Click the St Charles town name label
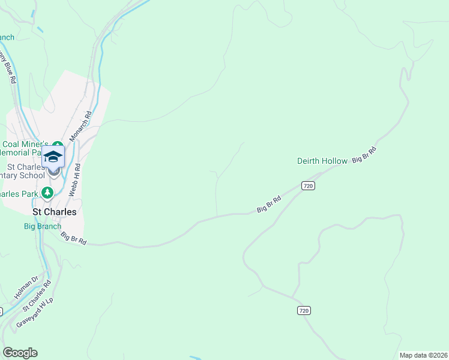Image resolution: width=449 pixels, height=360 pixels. [54, 212]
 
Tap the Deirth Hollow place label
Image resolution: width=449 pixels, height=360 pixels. [322, 161]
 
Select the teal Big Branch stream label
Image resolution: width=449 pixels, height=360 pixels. [42, 226]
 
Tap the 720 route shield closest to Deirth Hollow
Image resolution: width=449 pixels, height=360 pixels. [308, 186]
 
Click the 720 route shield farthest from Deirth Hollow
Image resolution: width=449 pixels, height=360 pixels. [304, 310]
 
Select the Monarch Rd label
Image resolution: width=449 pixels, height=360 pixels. [80, 126]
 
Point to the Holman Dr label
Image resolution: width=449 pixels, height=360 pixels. [26, 287]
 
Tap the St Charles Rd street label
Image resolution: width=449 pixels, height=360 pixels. [37, 295]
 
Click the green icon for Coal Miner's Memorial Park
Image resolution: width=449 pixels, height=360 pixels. [57, 145]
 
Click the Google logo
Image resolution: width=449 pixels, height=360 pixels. [20, 353]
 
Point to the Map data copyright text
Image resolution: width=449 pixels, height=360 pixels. [423, 355]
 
